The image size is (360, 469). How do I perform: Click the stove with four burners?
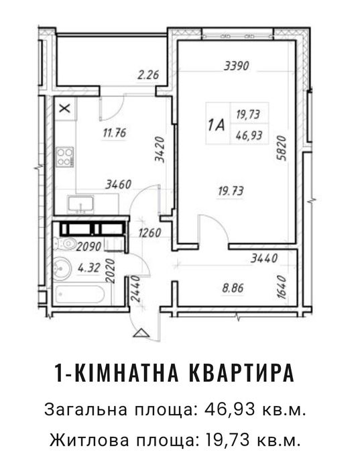coord(65,157)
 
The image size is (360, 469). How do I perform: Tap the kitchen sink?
coord(80,204)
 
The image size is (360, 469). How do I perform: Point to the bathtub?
coord(80,295)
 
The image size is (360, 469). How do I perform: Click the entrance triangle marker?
coord(141,333)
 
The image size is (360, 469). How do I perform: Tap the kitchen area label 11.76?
coord(115,133)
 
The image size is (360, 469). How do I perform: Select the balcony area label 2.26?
coord(148,74)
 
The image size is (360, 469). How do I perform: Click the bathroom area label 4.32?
coord(89,268)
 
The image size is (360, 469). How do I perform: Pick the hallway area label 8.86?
coord(233,288)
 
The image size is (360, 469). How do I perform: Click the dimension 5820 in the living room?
coord(282,148)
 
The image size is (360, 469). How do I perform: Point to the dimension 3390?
coord(237,66)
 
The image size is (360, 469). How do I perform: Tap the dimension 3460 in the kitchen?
coord(118,185)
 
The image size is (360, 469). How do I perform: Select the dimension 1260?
coord(149,232)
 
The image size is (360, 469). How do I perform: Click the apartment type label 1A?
coord(217,125)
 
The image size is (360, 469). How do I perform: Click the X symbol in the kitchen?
coord(64,108)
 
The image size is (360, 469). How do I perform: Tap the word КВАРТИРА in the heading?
coord(242,372)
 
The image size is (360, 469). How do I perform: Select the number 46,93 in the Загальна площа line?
coord(230,409)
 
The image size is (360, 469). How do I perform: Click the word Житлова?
coord(90,440)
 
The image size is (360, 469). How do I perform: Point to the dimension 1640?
coord(282,287)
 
